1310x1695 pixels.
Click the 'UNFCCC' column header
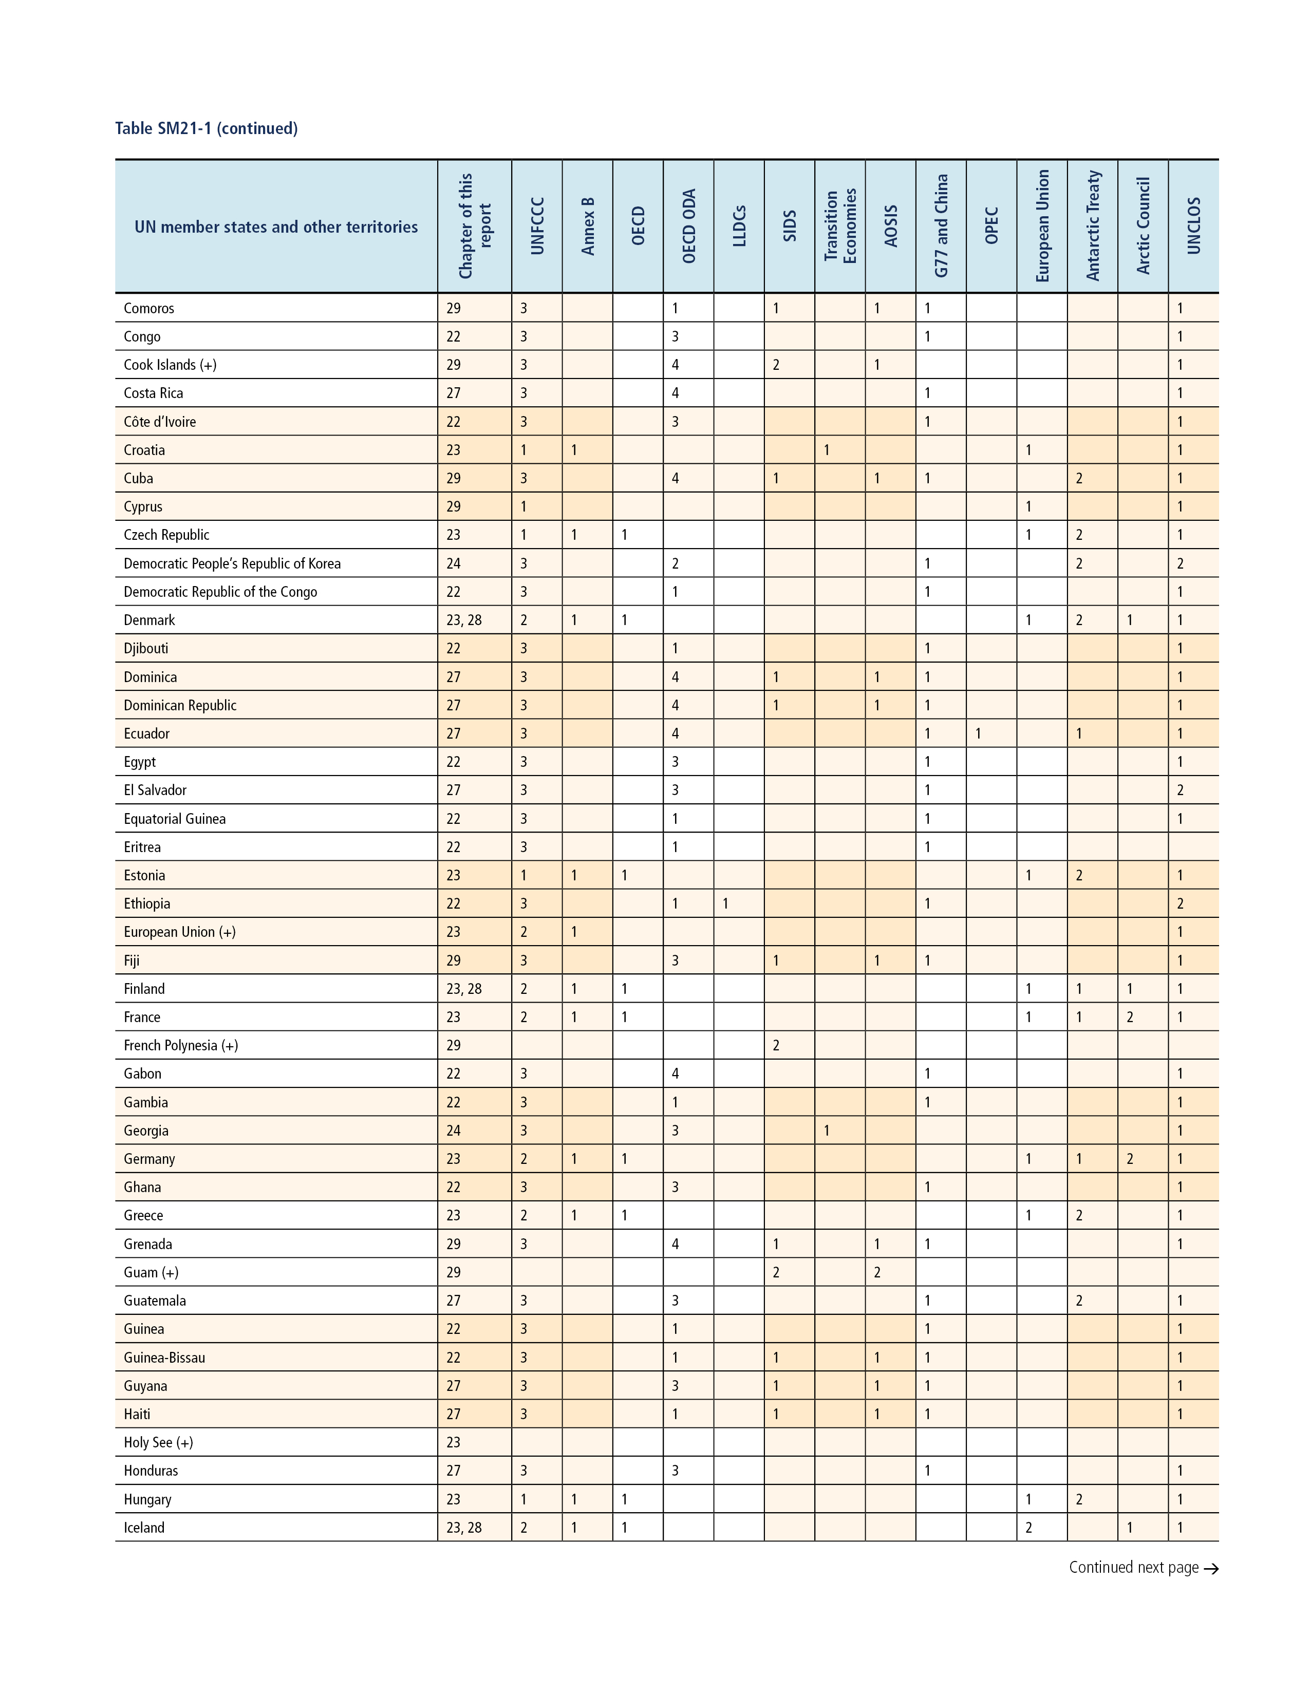pyautogui.click(x=537, y=226)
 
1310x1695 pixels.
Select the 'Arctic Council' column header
pyautogui.click(x=1143, y=226)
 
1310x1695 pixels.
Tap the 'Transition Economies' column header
pyautogui.click(x=840, y=226)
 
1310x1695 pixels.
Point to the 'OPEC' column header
pyautogui.click(x=991, y=226)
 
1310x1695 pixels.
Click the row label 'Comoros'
pyautogui.click(x=149, y=308)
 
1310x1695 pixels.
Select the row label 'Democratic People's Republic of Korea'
pyautogui.click(x=232, y=563)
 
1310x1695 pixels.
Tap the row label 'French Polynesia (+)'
pyautogui.click(x=181, y=1045)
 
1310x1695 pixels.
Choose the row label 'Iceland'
pyautogui.click(x=144, y=1528)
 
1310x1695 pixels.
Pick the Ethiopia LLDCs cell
pyautogui.click(x=725, y=903)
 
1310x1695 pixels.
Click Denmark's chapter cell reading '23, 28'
pyautogui.click(x=464, y=620)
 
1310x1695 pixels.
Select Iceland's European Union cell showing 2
pyautogui.click(x=1029, y=1528)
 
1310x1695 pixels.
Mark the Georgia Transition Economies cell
pyautogui.click(x=827, y=1131)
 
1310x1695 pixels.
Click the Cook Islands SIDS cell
pyautogui.click(x=776, y=365)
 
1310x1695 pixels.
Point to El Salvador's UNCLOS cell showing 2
pyautogui.click(x=1181, y=790)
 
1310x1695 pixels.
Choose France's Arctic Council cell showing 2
pyautogui.click(x=1130, y=1016)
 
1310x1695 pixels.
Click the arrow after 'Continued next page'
pyautogui.click(x=1211, y=1569)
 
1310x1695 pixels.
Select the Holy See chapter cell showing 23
pyautogui.click(x=453, y=1442)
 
